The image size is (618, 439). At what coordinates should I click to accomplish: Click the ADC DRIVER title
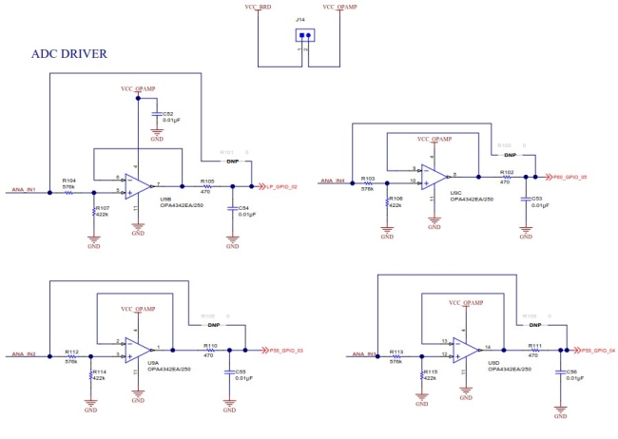point(69,53)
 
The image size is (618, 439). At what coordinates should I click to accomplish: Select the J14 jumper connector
point(304,37)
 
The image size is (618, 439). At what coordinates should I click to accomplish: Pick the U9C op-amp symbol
point(436,175)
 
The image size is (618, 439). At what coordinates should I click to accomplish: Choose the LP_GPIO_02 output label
point(282,186)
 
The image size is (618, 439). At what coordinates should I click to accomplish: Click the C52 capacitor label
point(168,112)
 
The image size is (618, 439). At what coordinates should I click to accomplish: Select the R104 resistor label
point(68,180)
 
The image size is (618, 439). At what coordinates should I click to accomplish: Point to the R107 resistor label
point(103,207)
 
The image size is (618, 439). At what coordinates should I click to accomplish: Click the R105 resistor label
point(205,180)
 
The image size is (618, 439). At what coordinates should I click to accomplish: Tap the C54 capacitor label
point(243,207)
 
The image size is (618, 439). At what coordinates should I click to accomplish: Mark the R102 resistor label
point(507,172)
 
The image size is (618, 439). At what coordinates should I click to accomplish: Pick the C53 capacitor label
point(536,198)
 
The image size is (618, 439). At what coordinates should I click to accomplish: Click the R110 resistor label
point(210,345)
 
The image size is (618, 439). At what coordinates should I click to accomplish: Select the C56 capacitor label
point(571,372)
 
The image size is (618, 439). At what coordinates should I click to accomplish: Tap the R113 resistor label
point(397,352)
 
